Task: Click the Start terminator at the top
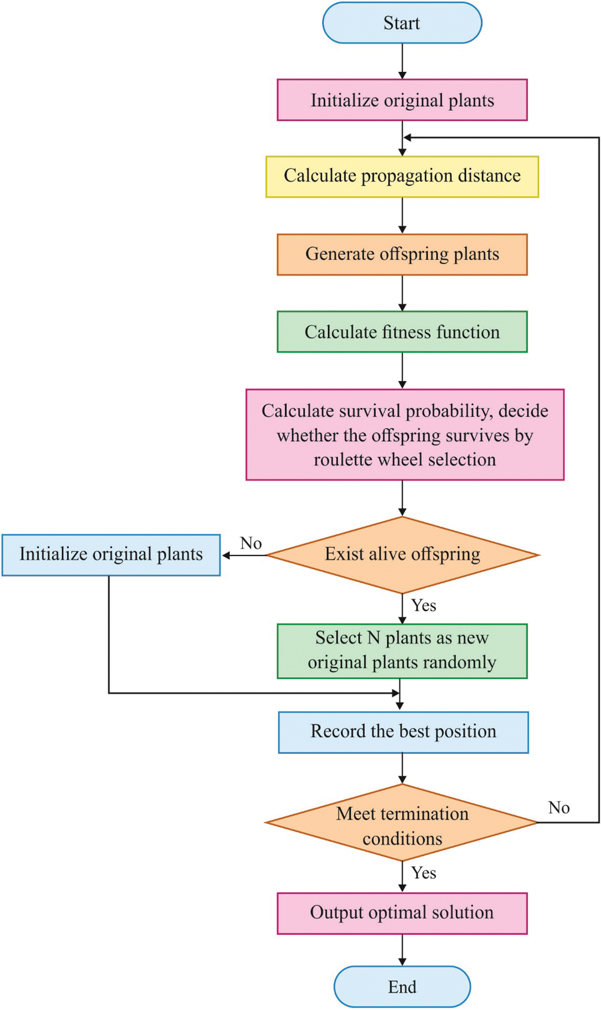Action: click(x=402, y=23)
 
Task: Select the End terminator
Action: click(x=402, y=987)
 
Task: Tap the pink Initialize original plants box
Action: click(x=402, y=100)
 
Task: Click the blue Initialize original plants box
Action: click(x=111, y=554)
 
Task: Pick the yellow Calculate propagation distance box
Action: click(x=402, y=177)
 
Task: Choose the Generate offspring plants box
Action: click(x=402, y=254)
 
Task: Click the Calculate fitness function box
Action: click(x=402, y=332)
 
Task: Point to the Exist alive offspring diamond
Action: click(x=402, y=554)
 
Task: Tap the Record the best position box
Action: click(x=403, y=732)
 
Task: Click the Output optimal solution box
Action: click(x=402, y=913)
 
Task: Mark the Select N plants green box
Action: click(x=402, y=651)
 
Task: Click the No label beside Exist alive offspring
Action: click(x=251, y=543)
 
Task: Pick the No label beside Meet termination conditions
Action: click(x=559, y=808)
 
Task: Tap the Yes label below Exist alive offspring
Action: click(x=423, y=606)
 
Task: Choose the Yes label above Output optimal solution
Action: click(x=423, y=873)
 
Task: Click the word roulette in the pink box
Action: click(x=340, y=460)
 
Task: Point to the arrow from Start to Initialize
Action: click(x=402, y=61)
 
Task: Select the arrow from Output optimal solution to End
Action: click(x=402, y=950)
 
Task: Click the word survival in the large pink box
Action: click(x=370, y=411)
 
